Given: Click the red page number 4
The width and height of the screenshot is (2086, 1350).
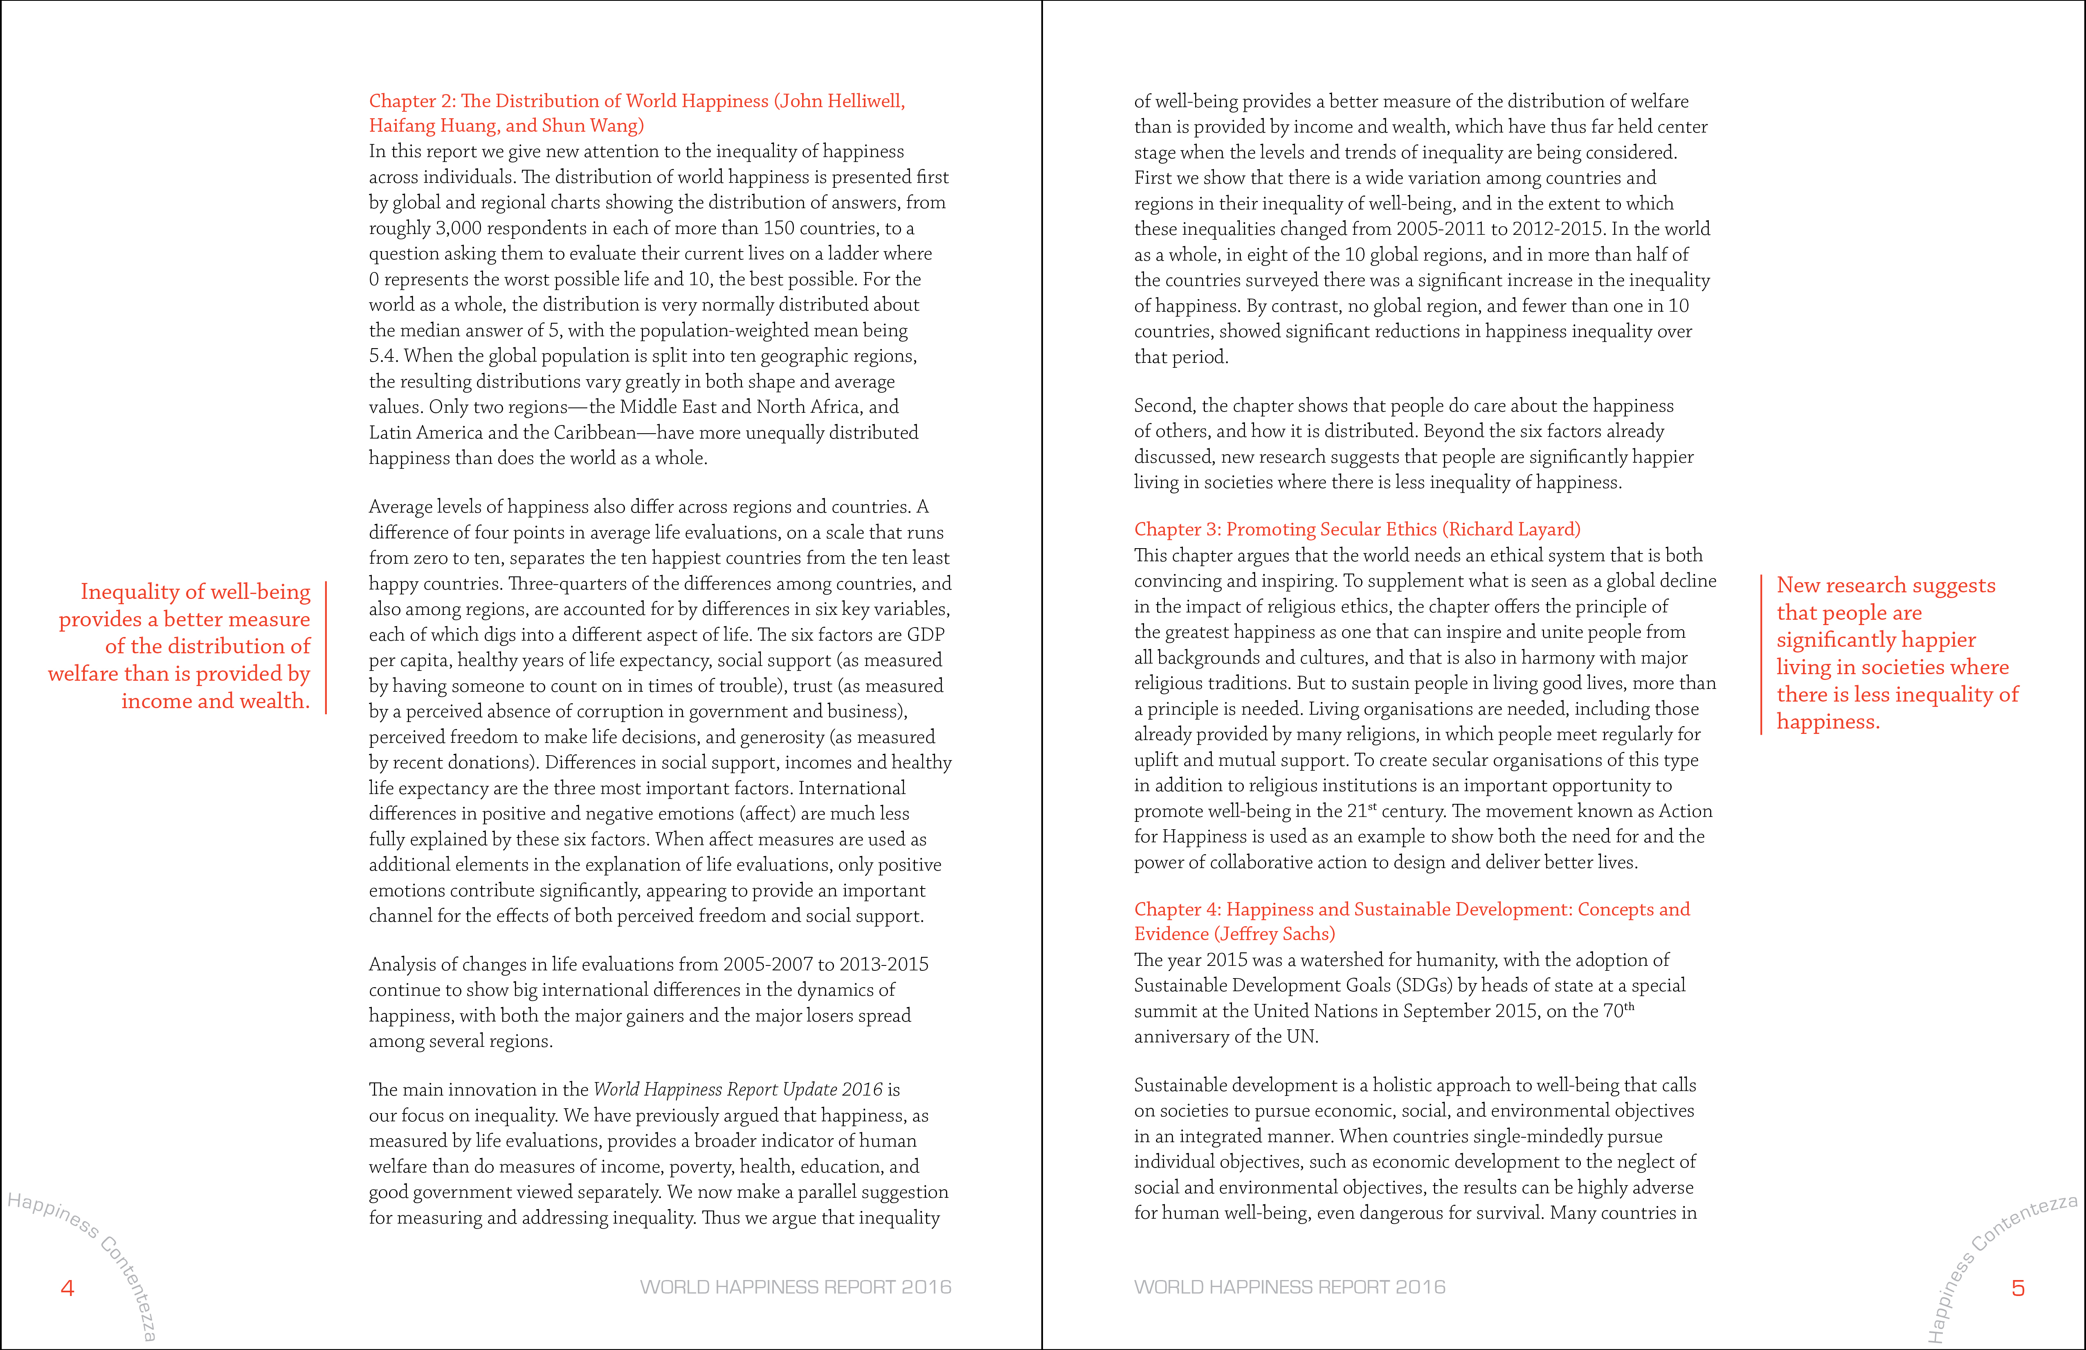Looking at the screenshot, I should click(67, 1288).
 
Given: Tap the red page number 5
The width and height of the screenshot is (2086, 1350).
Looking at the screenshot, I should click(2018, 1288).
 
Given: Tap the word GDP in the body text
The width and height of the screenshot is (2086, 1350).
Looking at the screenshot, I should click(926, 634).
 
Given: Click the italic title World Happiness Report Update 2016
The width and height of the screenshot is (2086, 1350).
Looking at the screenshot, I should click(738, 1090).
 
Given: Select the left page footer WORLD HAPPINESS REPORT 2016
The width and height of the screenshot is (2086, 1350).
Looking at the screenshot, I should click(795, 1287).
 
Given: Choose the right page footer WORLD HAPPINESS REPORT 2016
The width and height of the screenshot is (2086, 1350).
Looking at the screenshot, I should click(1289, 1287).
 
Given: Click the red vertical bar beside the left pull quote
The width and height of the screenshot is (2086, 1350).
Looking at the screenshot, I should click(326, 647).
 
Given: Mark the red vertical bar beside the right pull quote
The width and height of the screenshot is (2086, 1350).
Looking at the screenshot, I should click(1761, 654).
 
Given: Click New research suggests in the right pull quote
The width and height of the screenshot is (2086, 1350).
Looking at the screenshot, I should click(1885, 585).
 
